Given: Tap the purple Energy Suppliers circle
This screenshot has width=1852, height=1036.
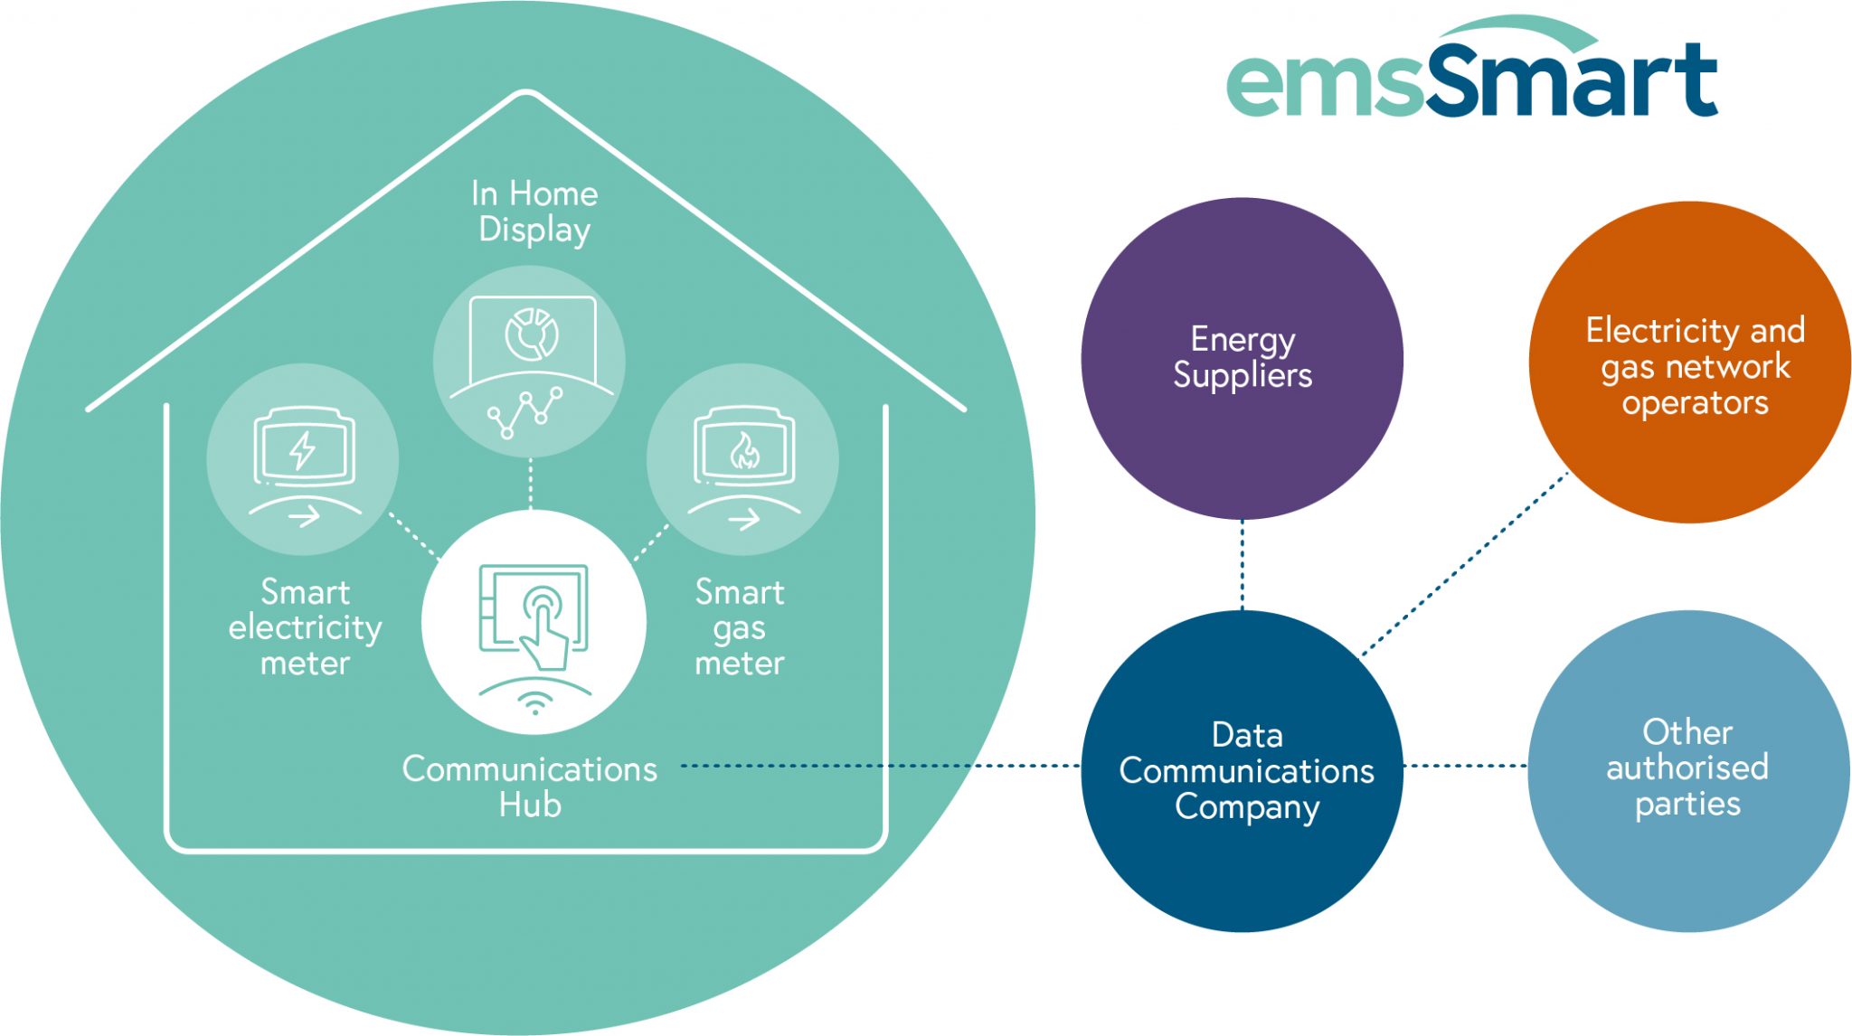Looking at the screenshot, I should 1242,359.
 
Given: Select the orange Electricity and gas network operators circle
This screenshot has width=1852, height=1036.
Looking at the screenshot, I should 1689,362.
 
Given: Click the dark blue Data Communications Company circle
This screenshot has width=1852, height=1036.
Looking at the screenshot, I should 1242,770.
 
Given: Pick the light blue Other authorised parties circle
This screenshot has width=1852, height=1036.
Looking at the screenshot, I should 1688,770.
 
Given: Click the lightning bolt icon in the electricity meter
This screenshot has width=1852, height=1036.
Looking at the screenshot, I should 302,450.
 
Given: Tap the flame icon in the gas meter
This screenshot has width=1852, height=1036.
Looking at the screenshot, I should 744,450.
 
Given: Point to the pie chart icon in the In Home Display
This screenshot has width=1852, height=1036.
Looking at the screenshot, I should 532,334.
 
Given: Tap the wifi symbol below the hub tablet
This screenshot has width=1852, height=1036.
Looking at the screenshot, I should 535,703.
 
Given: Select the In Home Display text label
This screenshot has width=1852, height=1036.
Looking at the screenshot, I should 534,211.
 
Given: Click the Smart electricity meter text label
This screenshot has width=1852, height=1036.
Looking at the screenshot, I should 305,627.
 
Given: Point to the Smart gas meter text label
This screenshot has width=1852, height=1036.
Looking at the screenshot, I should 740,627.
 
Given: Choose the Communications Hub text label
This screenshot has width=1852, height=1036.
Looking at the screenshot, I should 530,786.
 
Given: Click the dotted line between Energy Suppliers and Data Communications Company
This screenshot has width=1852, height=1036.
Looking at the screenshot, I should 1242,564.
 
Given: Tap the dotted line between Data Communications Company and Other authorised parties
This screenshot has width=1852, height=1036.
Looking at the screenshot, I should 1465,766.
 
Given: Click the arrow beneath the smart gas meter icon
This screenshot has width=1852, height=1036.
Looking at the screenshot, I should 744,520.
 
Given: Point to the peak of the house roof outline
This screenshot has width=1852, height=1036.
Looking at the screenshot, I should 526,93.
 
